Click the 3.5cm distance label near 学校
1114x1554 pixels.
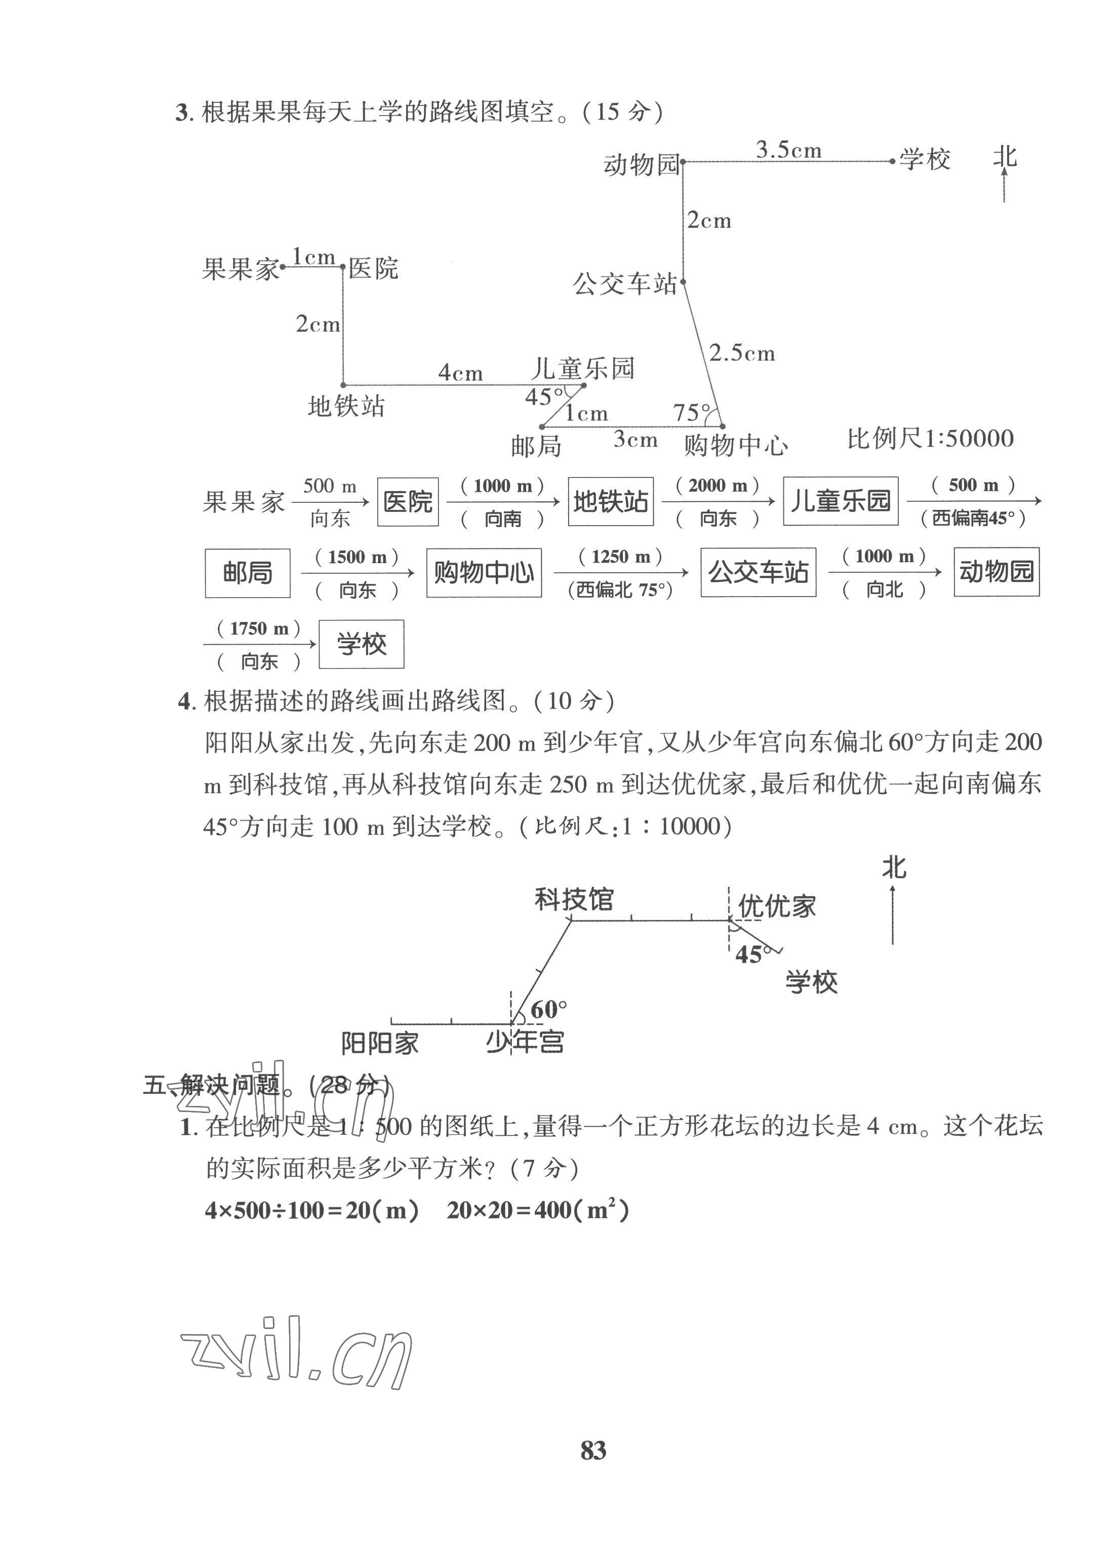click(787, 150)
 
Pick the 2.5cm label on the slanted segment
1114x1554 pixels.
click(741, 354)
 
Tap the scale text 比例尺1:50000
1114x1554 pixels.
click(930, 438)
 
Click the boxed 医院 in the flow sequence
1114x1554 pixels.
click(408, 502)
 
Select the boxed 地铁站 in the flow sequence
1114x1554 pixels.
click(610, 502)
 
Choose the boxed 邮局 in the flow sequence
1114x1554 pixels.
click(247, 573)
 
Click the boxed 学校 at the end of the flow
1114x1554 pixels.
click(362, 644)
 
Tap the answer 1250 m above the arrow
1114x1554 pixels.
click(620, 557)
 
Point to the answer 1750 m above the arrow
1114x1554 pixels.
click(259, 628)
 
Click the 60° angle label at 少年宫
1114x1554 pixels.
click(548, 1009)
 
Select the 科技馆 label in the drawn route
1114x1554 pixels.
click(574, 899)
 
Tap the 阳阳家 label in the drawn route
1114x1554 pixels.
click(380, 1044)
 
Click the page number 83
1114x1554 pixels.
click(593, 1450)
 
